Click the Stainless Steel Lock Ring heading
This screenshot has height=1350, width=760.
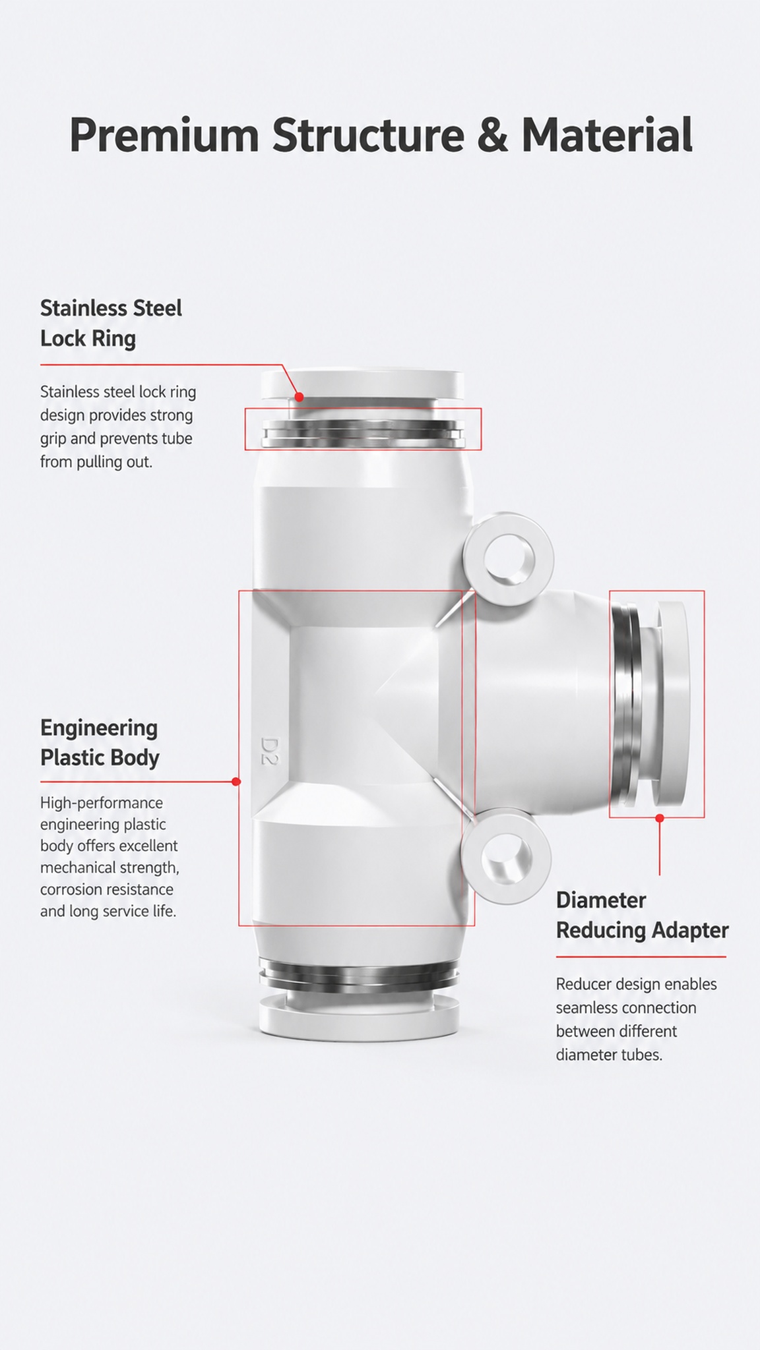click(111, 323)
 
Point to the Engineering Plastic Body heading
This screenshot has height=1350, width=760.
click(100, 742)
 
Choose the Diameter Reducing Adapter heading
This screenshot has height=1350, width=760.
click(642, 915)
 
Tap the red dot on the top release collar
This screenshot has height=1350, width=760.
click(299, 397)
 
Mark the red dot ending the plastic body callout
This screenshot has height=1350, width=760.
click(236, 782)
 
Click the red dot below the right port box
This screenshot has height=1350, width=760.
click(659, 818)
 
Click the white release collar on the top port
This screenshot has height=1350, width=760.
click(362, 385)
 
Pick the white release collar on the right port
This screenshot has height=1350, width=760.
click(672, 703)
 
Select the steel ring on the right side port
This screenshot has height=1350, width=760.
click(627, 704)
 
